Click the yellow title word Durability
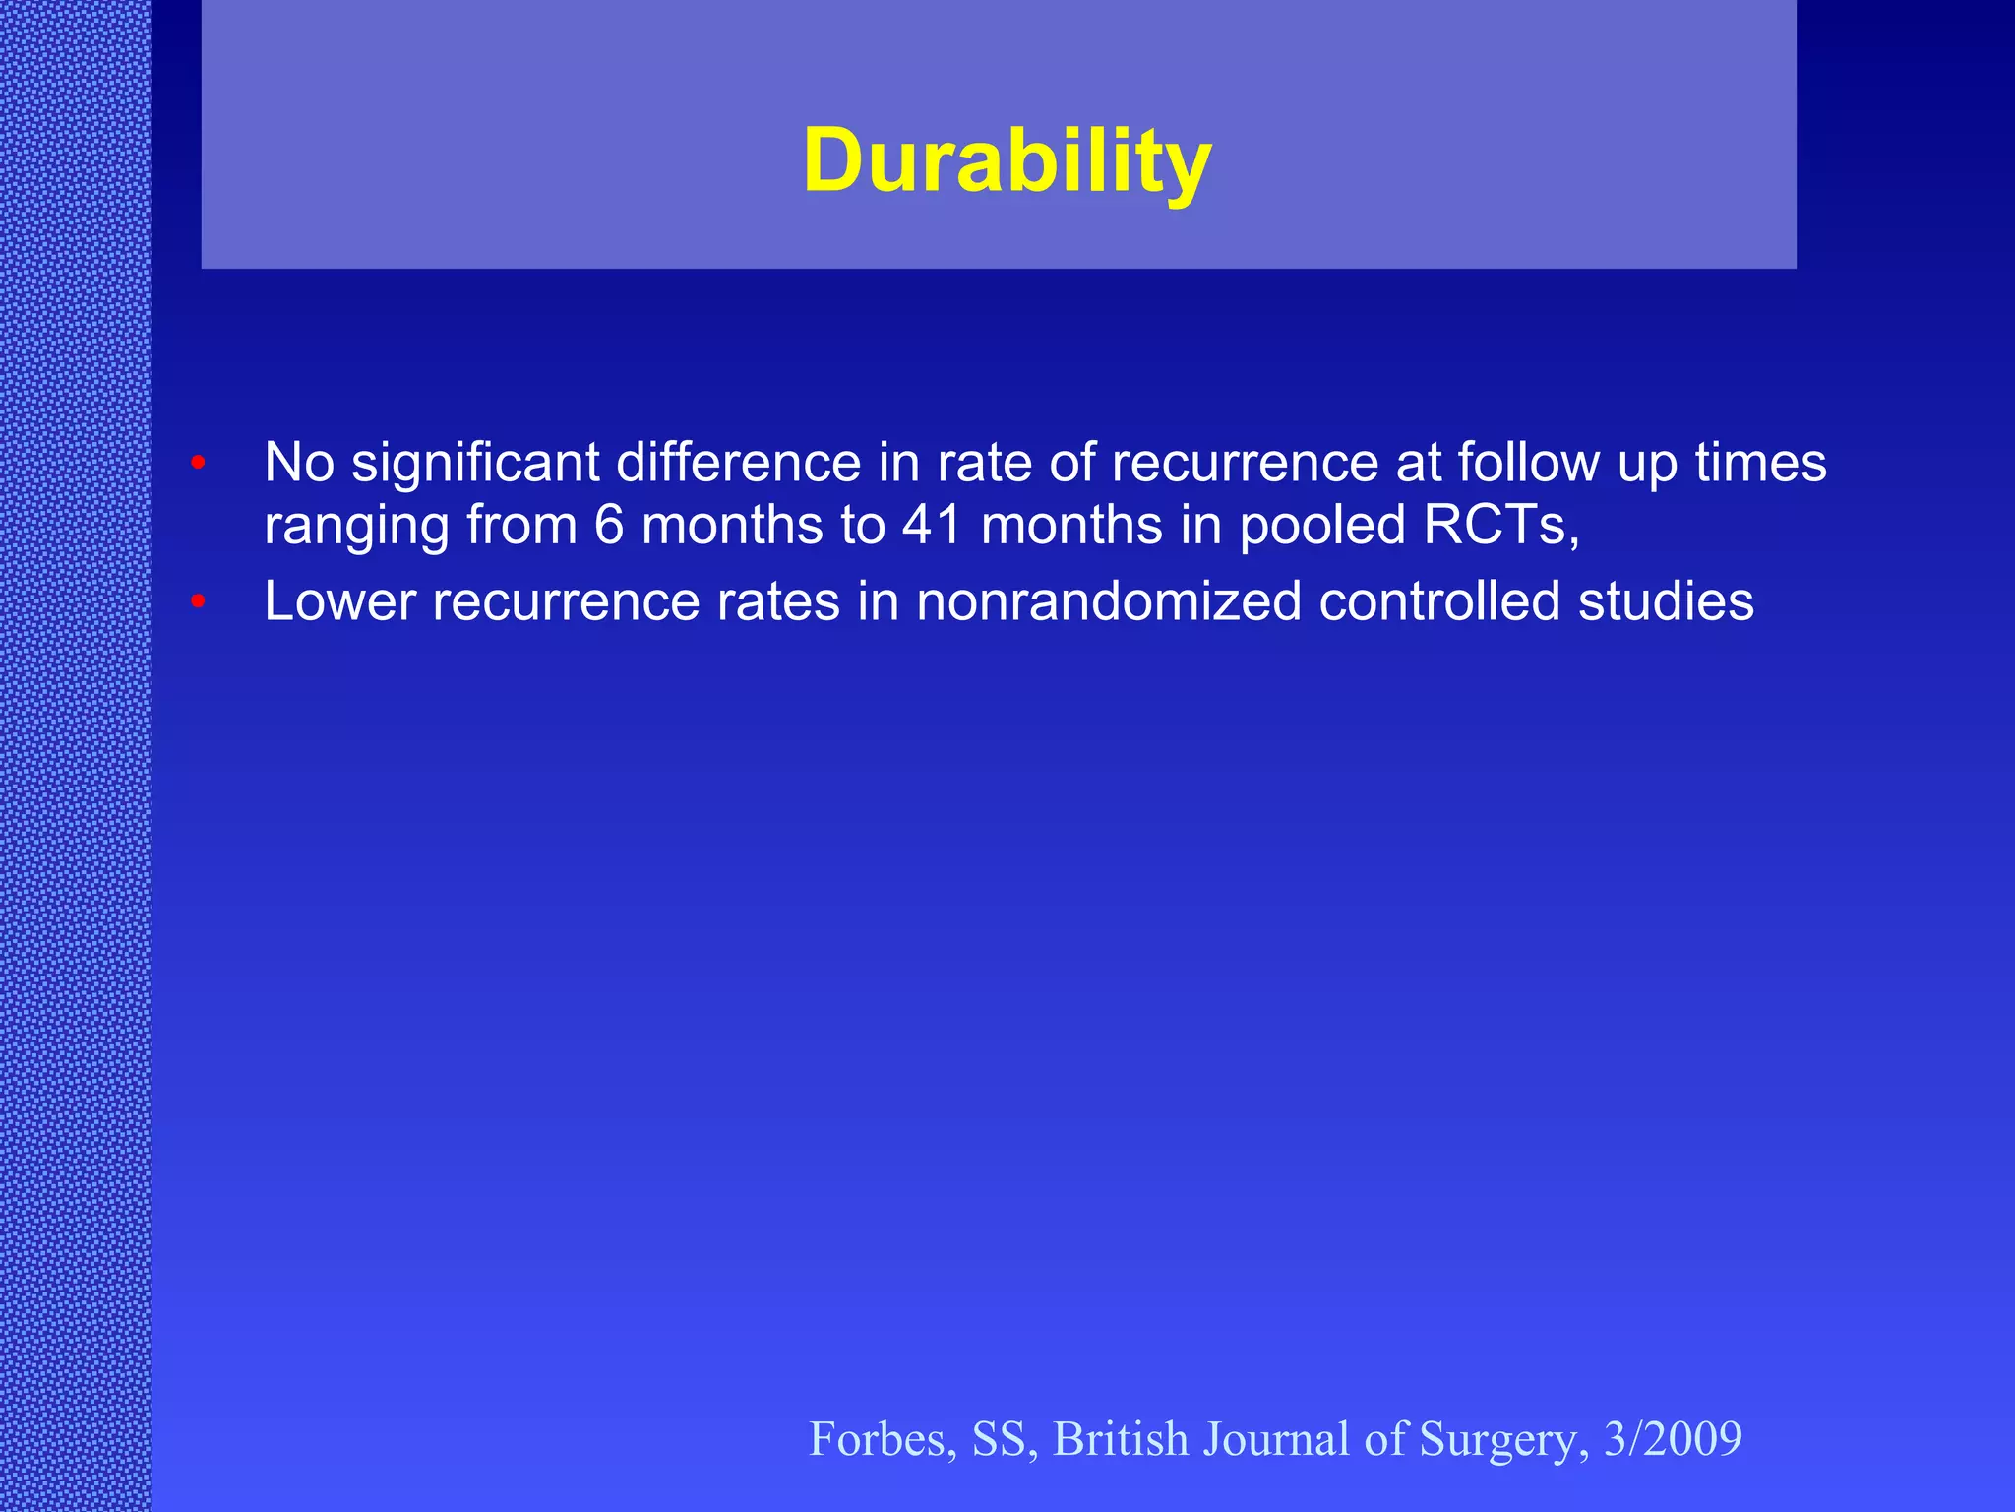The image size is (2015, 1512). (1007, 161)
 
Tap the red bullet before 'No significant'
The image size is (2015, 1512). (198, 462)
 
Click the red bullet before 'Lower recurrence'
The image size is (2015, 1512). (198, 600)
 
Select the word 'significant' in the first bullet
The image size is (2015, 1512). (475, 463)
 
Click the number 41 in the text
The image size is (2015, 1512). (932, 525)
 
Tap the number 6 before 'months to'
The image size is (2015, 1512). (609, 525)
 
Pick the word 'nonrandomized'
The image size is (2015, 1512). (1109, 600)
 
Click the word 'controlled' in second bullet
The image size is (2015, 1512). (1438, 600)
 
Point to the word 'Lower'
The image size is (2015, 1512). (339, 600)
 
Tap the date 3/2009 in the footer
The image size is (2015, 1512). (1673, 1439)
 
